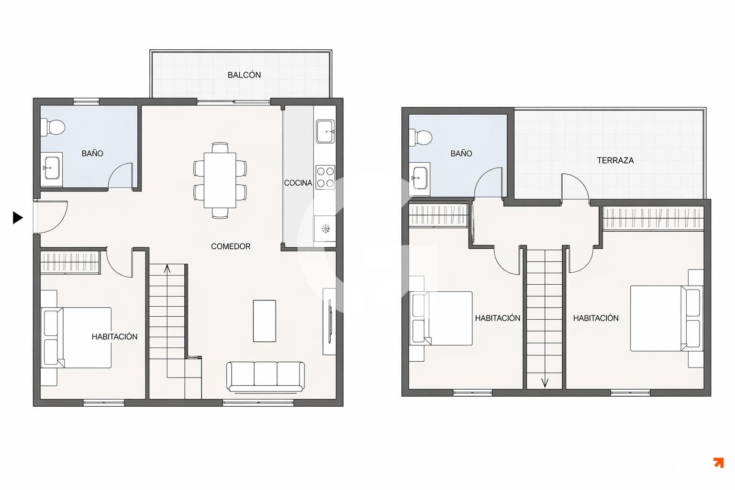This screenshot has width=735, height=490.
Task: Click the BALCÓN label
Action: [x=244, y=75]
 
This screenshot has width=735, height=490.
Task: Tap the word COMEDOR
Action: [x=231, y=246]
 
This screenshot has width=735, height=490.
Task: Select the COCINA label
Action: [x=298, y=183]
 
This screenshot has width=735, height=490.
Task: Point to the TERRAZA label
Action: [x=615, y=160]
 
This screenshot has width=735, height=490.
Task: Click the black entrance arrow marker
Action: [x=18, y=218]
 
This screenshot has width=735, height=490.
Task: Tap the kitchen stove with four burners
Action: [x=325, y=177]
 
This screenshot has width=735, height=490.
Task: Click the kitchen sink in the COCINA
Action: [x=325, y=131]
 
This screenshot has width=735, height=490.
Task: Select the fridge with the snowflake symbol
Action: [x=325, y=229]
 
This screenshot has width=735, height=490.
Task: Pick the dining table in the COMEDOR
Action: [x=220, y=180]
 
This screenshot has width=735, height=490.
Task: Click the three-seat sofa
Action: [x=266, y=377]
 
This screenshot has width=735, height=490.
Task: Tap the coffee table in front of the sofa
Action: [x=265, y=321]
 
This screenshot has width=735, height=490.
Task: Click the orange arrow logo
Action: [x=719, y=462]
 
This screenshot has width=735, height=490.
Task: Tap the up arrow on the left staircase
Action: [x=167, y=268]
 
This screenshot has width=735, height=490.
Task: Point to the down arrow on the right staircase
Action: [x=545, y=383]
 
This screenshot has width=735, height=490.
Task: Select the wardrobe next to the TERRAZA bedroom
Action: [x=653, y=218]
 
